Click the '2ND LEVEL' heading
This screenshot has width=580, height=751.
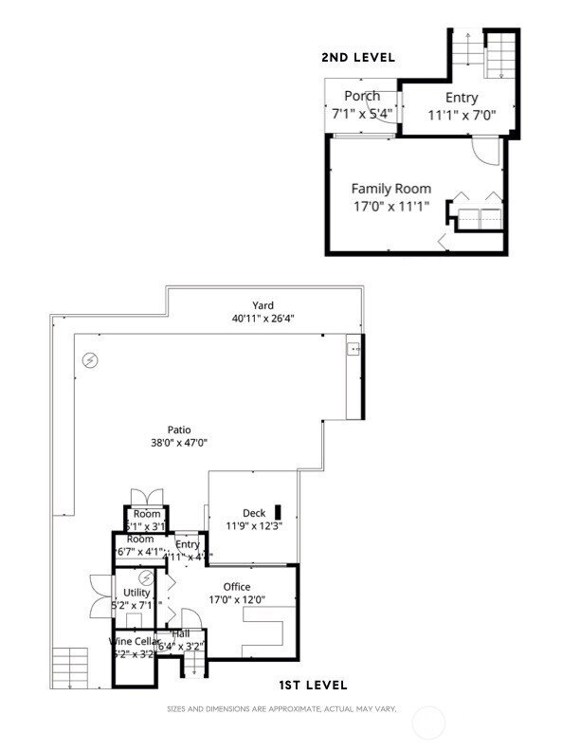point(358,58)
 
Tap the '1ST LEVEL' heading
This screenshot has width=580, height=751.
point(312,685)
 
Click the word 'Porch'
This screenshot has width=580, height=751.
point(362,96)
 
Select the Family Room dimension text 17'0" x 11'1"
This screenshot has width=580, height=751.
point(390,205)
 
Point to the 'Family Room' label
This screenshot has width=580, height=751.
point(390,189)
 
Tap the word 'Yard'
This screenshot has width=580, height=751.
point(263,305)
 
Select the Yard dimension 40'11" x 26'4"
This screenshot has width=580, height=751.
point(263,319)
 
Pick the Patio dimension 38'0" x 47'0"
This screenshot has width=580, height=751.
point(178,443)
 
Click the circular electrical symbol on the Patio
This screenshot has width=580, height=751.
point(90,360)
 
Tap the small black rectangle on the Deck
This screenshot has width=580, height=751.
point(279,511)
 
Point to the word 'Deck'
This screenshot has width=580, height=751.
point(253,513)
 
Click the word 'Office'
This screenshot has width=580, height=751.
point(236,586)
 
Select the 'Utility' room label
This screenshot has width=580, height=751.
point(136,593)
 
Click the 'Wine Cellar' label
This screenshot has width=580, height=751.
point(132,641)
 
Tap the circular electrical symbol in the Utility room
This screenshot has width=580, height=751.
point(147,577)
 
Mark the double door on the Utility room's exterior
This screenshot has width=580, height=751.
point(100,596)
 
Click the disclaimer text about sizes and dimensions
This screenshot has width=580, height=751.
point(281,709)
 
